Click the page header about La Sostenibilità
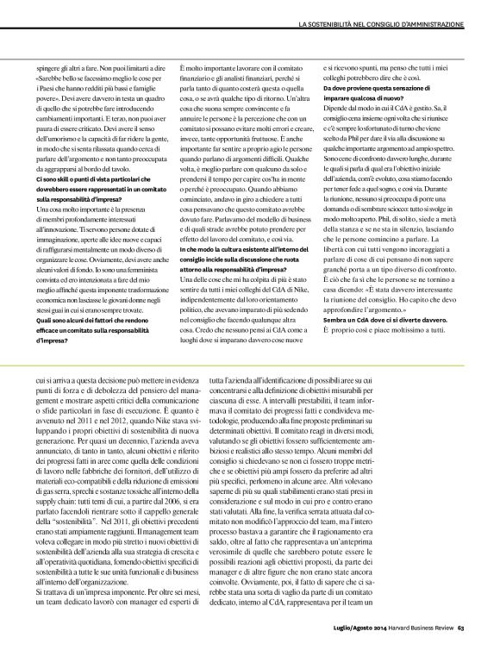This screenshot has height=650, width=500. tap(388, 19)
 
